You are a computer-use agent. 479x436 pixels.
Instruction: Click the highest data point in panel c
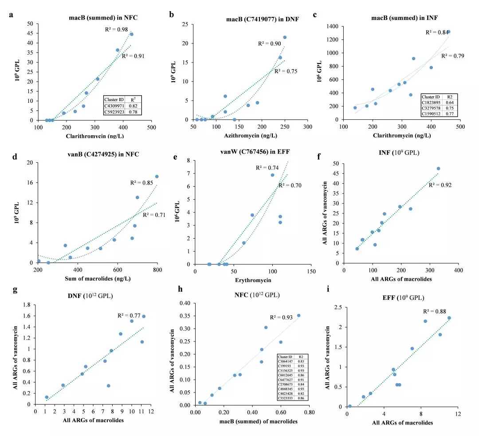(448, 31)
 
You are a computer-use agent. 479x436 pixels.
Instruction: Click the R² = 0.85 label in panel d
(141, 183)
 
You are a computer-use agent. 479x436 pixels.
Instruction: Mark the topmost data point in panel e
(272, 175)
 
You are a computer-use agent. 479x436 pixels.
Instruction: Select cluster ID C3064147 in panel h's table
(286, 362)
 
